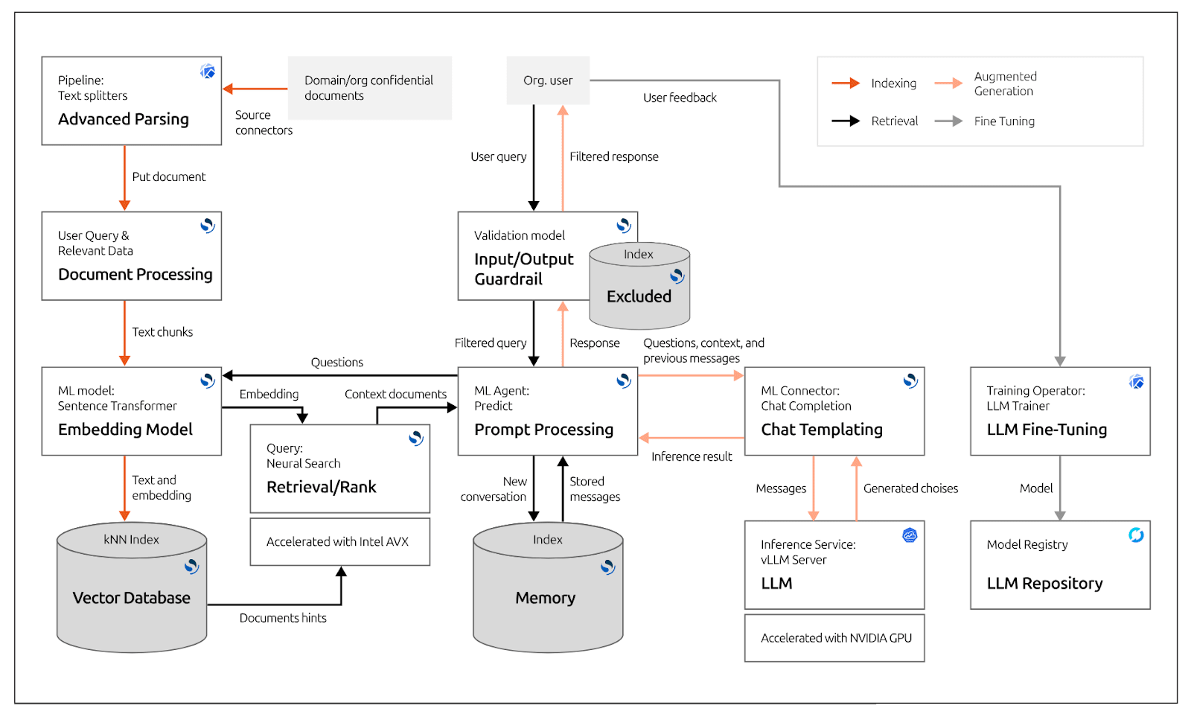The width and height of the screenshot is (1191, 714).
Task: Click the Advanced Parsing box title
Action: [x=124, y=119]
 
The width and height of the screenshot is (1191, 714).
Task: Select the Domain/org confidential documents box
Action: [x=369, y=88]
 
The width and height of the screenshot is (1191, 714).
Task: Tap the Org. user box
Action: [x=548, y=80]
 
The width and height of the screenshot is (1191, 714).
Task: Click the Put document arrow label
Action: [x=169, y=176]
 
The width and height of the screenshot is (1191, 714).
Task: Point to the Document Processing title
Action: [x=135, y=275]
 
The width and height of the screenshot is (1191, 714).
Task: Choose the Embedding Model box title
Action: [x=125, y=430]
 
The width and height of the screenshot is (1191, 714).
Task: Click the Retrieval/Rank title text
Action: [x=322, y=487]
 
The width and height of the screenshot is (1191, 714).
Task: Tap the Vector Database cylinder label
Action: [x=132, y=598]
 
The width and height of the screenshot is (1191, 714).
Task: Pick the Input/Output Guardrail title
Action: [x=523, y=269]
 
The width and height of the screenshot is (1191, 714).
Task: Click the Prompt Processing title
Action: [x=544, y=430]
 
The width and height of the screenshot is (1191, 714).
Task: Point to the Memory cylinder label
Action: [x=546, y=598]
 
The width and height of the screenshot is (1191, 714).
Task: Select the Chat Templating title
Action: [x=822, y=430]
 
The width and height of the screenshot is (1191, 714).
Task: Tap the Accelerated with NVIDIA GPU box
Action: [x=835, y=638]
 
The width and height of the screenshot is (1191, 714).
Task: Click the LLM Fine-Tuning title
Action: [x=1047, y=430]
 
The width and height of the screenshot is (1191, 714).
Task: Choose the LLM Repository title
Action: [x=1044, y=584]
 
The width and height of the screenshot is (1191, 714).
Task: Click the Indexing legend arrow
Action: [x=846, y=83]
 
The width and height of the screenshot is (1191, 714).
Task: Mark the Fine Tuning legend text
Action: [x=1004, y=121]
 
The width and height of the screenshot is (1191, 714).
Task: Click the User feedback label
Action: [x=680, y=98]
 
